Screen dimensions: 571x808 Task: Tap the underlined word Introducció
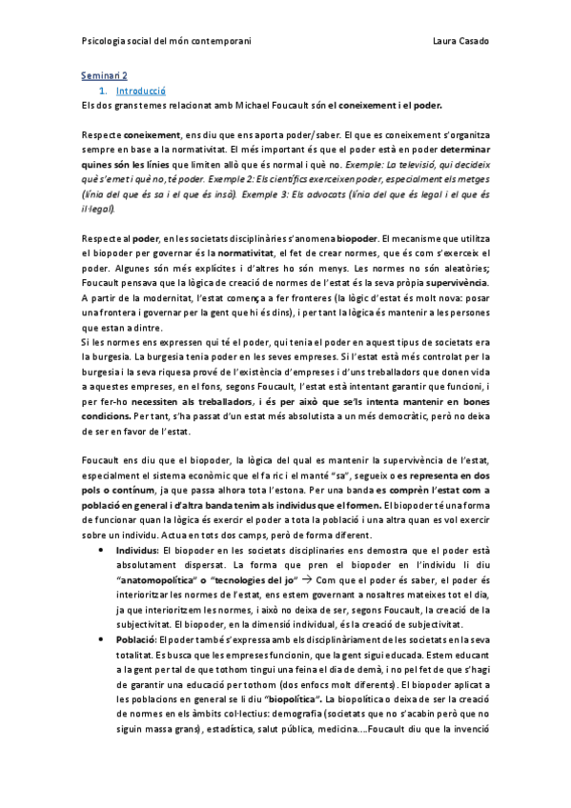(x=140, y=90)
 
